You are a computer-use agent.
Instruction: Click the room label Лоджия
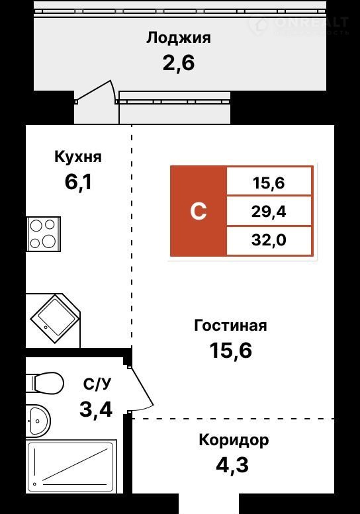(179, 38)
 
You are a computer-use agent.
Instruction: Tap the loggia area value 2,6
(179, 63)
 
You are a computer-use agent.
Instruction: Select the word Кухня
(78, 157)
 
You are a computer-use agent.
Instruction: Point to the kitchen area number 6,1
(78, 183)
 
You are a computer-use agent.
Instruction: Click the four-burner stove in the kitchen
(43, 234)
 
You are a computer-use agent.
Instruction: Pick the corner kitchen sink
(54, 319)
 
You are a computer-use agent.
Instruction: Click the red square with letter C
(199, 211)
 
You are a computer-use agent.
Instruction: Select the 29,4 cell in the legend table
(269, 212)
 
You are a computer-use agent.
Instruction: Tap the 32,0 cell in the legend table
(269, 240)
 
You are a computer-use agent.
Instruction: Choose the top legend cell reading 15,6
(269, 182)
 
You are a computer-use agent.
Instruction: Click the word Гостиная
(230, 326)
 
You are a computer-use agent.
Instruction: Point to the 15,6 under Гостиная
(231, 351)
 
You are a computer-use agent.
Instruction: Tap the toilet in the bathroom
(45, 382)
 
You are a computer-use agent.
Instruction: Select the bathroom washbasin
(38, 421)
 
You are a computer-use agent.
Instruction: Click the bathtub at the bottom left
(71, 466)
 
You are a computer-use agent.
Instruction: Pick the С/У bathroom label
(97, 384)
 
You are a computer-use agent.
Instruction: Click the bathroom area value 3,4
(96, 409)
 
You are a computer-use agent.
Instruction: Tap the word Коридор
(234, 441)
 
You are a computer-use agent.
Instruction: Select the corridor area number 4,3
(232, 465)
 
